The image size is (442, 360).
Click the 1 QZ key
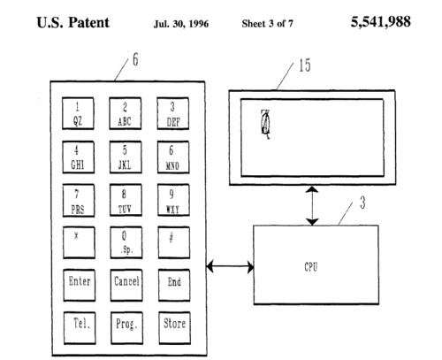click(x=78, y=113)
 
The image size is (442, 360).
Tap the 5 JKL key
click(x=126, y=157)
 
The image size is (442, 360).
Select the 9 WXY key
click(x=173, y=201)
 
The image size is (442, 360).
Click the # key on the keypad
click(x=174, y=242)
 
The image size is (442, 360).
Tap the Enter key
click(x=80, y=285)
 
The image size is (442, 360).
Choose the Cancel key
click(x=126, y=285)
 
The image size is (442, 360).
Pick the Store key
click(x=174, y=328)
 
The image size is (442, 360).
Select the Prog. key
click(x=127, y=328)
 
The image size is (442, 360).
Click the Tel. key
click(x=80, y=328)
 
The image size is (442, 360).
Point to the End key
click(x=174, y=285)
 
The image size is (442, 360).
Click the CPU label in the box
click(x=311, y=267)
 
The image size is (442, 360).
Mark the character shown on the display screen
click(x=265, y=124)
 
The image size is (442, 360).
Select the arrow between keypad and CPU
click(x=230, y=267)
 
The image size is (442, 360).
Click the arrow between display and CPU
click(x=312, y=205)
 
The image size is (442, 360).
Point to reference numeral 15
click(x=305, y=65)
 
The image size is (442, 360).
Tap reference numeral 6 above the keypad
click(x=135, y=59)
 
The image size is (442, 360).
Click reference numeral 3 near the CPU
click(x=362, y=203)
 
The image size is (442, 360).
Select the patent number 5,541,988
click(x=380, y=21)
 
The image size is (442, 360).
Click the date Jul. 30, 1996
click(x=181, y=24)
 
